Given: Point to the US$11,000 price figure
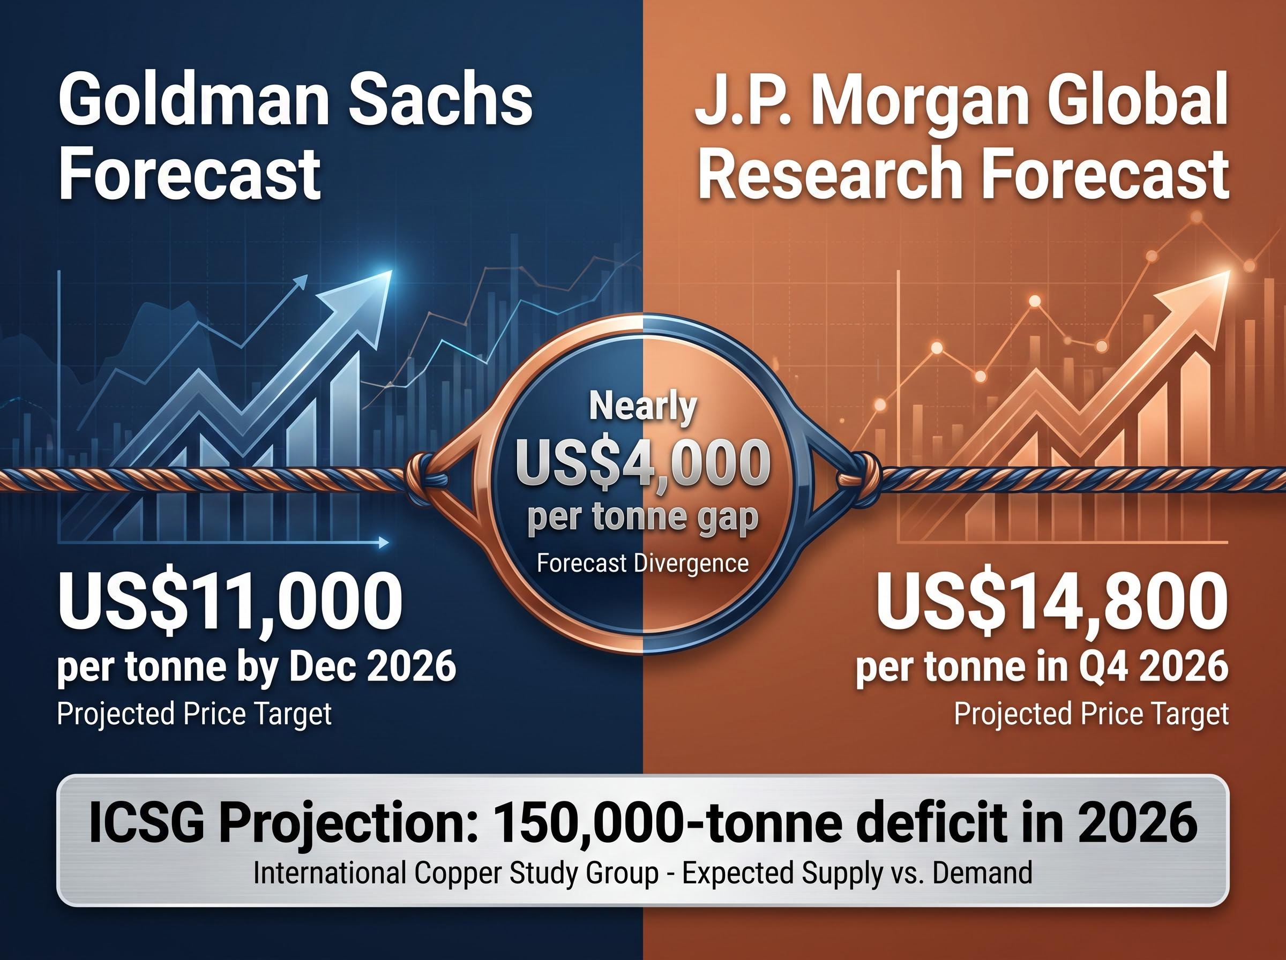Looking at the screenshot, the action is pos(230,599).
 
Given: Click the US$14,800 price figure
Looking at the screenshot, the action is pos(1052,599).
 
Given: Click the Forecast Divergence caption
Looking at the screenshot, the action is pos(642,563).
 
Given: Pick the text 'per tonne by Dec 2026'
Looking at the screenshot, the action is pos(256,667).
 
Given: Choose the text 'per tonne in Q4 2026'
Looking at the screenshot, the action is pos(1043,667).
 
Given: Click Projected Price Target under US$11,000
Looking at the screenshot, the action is pos(194,714).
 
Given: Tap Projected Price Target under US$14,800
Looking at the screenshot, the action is pos(1091,714).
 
